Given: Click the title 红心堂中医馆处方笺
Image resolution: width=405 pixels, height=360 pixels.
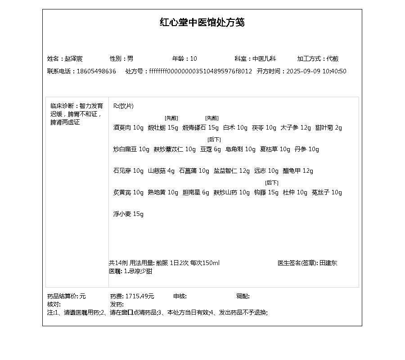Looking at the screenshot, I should point(202,22).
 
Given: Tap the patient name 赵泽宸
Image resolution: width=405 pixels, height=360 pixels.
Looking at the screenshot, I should point(73,58).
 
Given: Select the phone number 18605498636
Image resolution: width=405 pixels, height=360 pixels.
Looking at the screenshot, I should point(96,71).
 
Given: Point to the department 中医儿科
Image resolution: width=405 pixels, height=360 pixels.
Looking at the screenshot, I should point(264,58).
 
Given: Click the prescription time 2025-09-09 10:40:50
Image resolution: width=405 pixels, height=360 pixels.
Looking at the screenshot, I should point(316,71).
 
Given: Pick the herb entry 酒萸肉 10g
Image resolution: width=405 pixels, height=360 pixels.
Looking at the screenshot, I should point(128,127).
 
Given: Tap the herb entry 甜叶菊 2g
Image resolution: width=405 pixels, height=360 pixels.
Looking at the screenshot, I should point(328,127).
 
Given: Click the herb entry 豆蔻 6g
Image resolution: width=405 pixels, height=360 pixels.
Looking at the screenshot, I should point(211,149).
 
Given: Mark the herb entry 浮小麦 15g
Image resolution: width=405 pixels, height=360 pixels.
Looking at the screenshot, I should point(128,214).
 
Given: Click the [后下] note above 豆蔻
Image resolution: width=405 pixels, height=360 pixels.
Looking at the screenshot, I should point(214,139).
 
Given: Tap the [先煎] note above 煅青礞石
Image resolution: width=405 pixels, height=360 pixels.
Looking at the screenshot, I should point(212,118).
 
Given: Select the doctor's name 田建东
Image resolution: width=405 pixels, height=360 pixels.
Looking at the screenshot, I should point(328,263).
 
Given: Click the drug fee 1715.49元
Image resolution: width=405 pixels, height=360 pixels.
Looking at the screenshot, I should point(139,296).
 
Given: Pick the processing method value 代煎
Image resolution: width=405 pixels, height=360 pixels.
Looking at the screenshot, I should point(333,58).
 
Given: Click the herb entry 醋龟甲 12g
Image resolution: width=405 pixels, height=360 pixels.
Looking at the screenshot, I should point(297,171).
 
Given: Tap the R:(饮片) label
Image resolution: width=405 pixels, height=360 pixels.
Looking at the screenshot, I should point(123,106).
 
